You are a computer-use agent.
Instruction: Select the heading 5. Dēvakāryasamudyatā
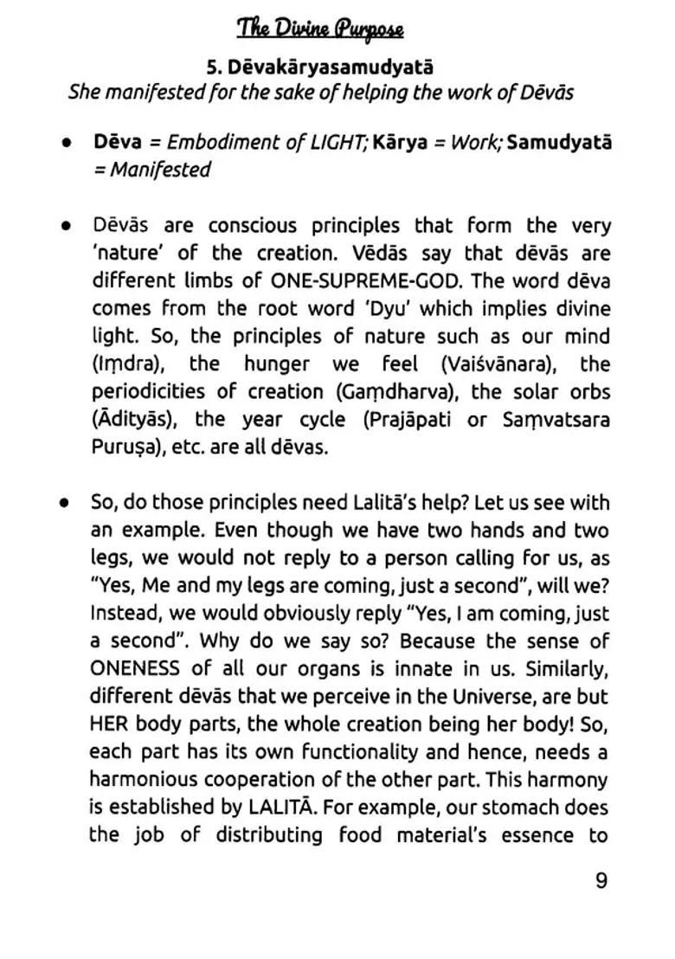[x=320, y=67]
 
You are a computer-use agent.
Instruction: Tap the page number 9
[x=601, y=880]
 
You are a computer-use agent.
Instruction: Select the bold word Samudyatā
[x=558, y=143]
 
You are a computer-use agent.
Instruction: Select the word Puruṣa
[x=124, y=447]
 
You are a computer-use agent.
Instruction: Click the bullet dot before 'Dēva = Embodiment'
[x=66, y=143]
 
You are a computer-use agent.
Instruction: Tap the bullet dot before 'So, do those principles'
[x=66, y=503]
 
